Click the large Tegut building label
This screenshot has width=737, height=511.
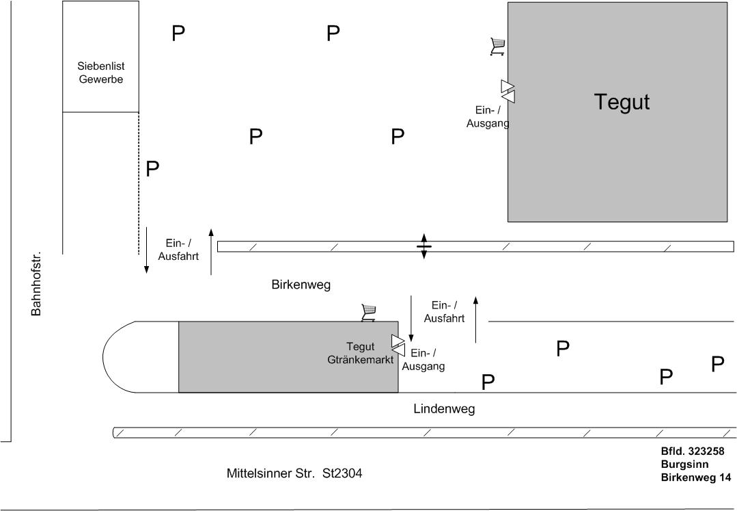(622, 102)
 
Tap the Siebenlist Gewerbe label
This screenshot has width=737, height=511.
(100, 73)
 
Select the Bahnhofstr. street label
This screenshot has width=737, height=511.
(37, 283)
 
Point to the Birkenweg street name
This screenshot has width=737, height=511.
(301, 285)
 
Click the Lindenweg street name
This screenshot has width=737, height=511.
(443, 409)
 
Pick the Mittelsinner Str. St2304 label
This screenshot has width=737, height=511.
(294, 473)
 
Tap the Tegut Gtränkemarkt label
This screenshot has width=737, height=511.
(360, 353)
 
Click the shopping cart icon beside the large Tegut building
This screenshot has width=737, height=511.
(497, 47)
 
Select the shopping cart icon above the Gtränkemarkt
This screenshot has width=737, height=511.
(369, 313)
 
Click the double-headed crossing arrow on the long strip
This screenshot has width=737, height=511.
(423, 246)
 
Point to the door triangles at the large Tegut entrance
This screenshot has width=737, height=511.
(507, 91)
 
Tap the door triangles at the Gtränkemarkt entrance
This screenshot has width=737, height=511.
(398, 345)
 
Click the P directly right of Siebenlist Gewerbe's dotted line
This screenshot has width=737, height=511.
(152, 169)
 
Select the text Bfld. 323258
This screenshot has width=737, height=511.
(693, 451)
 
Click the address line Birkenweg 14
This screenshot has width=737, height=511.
(695, 477)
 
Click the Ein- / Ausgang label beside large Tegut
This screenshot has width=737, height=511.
(488, 116)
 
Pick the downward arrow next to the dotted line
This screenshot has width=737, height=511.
(146, 250)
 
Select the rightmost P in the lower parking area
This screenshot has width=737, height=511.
(717, 364)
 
